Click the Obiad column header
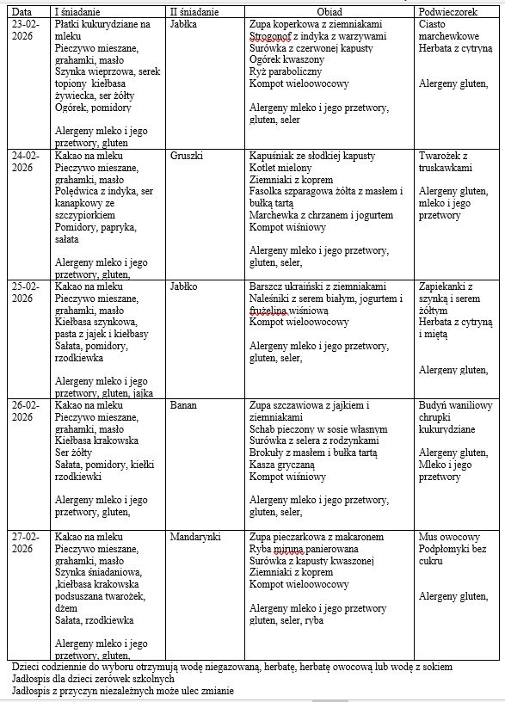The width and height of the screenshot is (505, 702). pos(329,12)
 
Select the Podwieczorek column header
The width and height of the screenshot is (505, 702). pos(448,12)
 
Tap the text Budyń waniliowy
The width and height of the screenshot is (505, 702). pos(455,404)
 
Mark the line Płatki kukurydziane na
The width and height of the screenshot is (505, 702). pos(102,24)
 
